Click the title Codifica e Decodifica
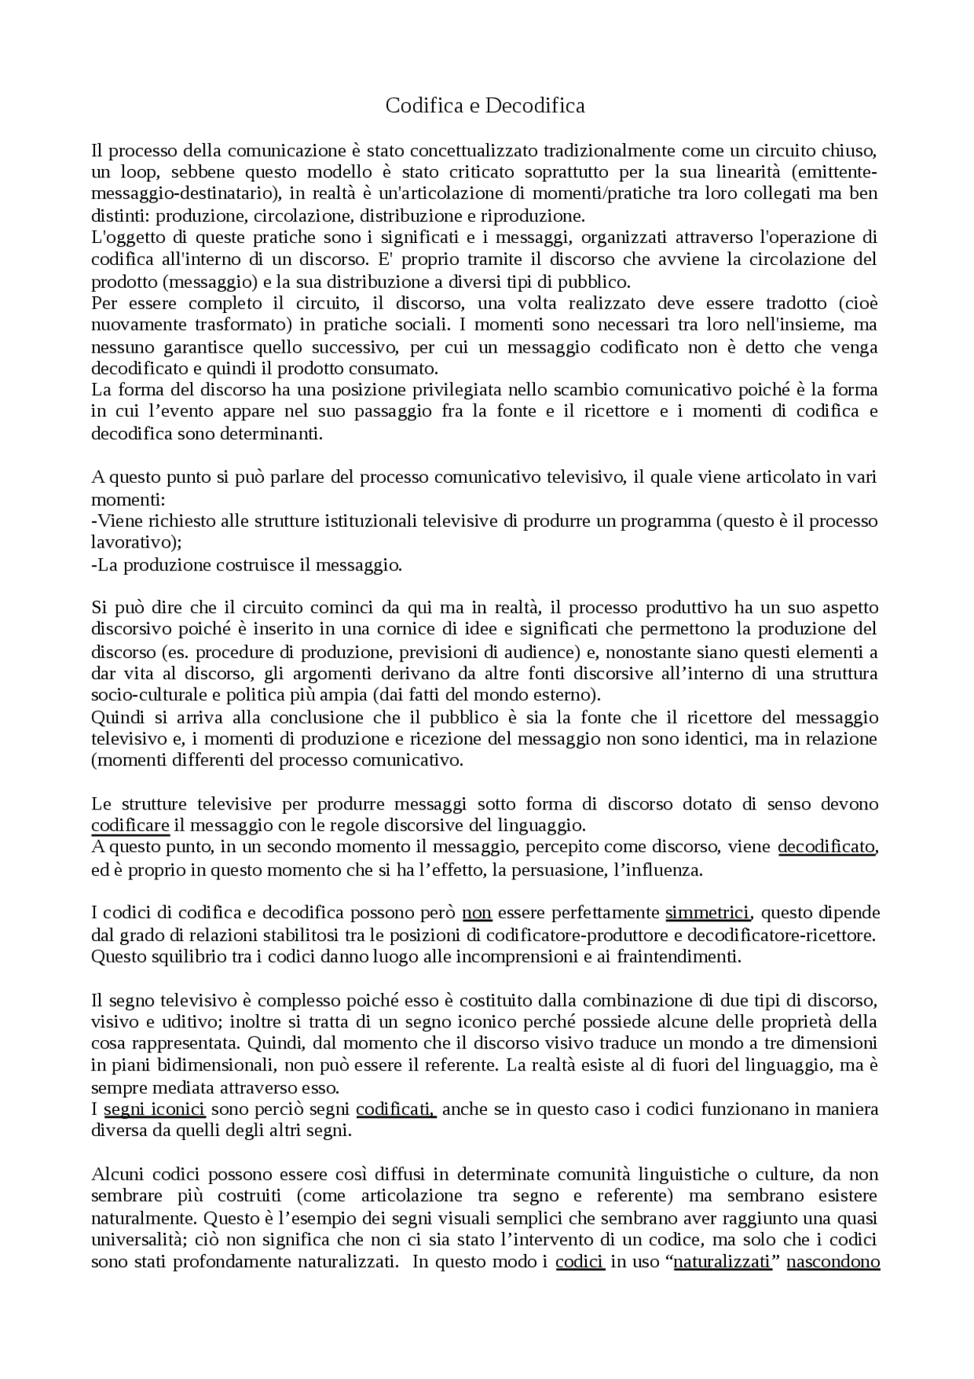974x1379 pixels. (485, 105)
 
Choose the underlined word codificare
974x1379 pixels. (130, 825)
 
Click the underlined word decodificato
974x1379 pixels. (826, 847)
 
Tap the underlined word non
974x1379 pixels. (477, 912)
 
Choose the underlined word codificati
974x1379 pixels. (396, 1109)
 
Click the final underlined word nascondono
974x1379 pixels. (833, 1262)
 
